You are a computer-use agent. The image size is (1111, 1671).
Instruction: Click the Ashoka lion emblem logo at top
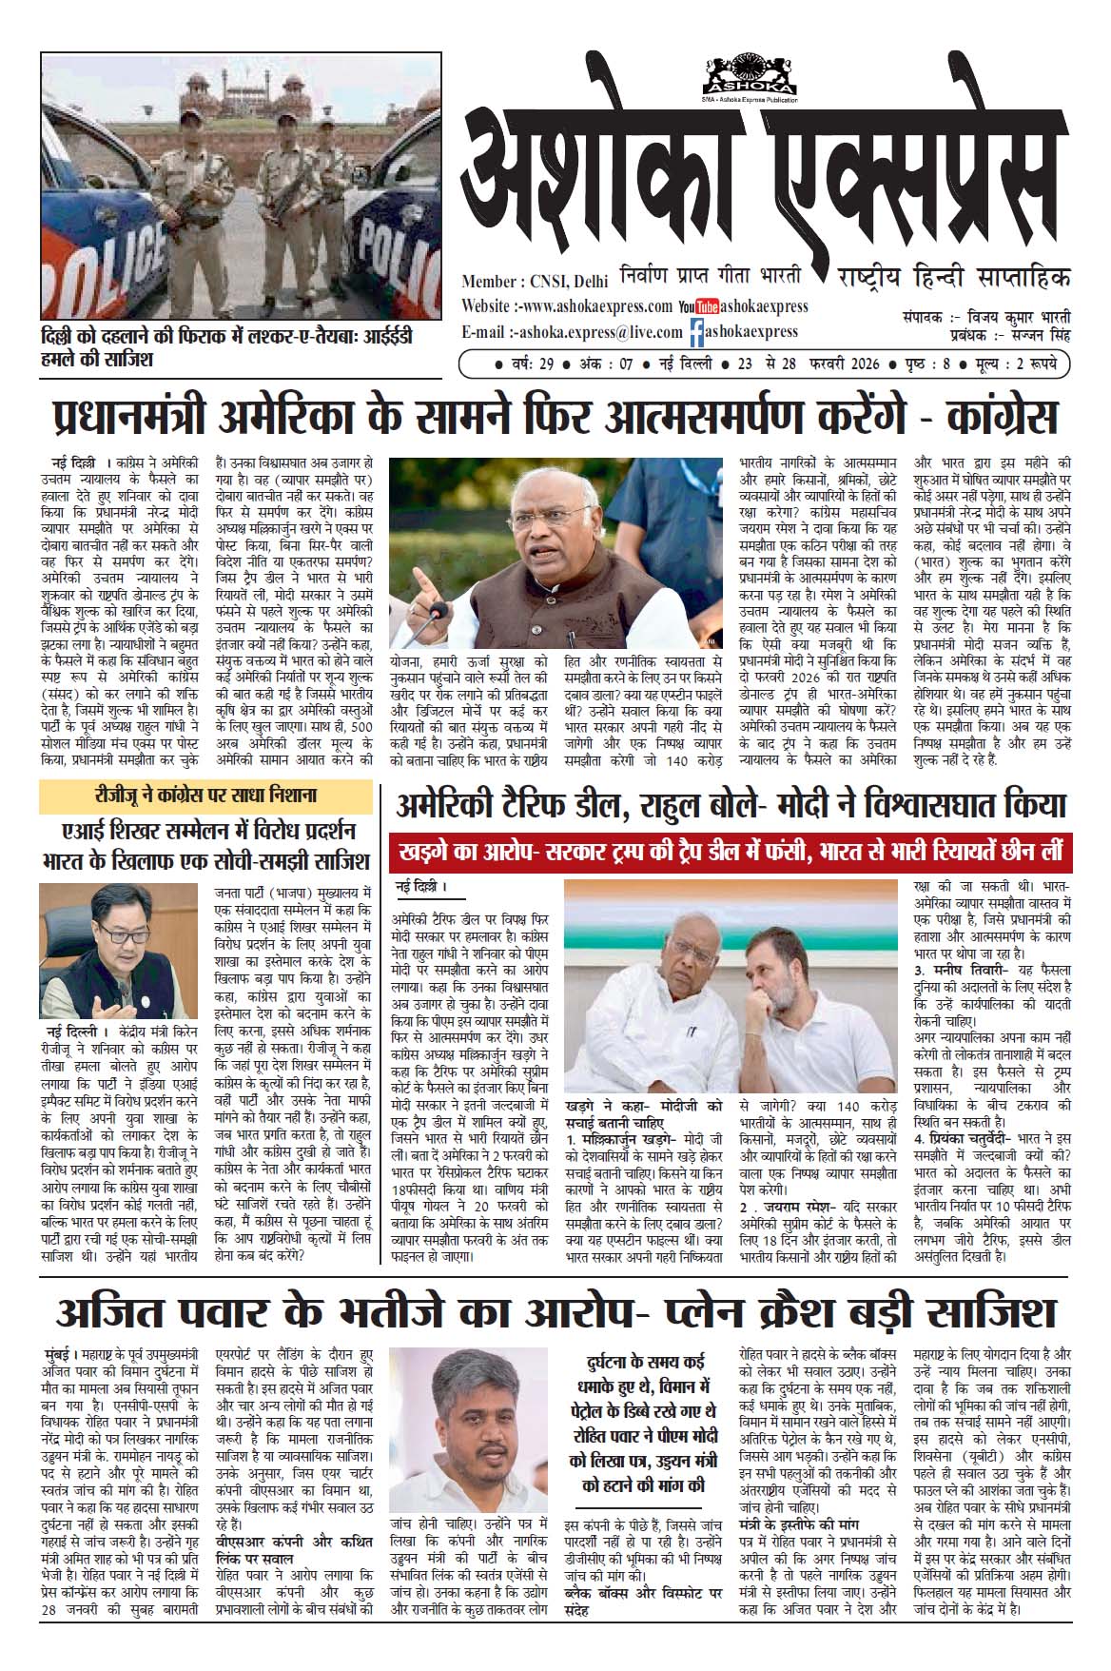point(750,74)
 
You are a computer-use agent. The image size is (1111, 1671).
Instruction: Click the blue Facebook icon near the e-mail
point(697,332)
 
